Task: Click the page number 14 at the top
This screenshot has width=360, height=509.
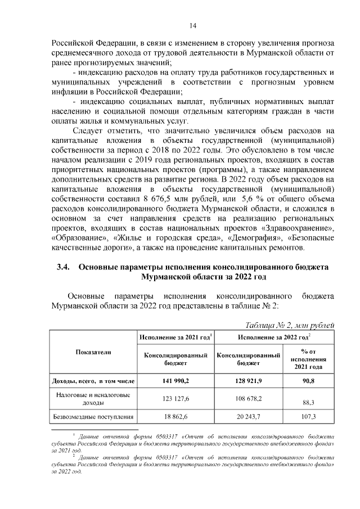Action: point(192,25)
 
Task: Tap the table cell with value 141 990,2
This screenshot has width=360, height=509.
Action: point(176,381)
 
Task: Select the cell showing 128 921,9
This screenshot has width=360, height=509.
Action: point(249,381)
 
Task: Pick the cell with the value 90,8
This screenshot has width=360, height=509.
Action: point(307,381)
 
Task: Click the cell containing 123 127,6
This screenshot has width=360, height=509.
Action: point(176,399)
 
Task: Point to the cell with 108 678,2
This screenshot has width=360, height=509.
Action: point(249,399)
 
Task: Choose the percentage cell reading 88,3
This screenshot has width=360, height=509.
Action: point(307,402)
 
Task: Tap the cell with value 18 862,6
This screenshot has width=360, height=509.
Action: point(176,417)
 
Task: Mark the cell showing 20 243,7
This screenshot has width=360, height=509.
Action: point(249,417)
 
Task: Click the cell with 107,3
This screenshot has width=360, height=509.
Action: point(307,417)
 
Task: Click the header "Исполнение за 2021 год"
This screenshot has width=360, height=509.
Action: point(176,337)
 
